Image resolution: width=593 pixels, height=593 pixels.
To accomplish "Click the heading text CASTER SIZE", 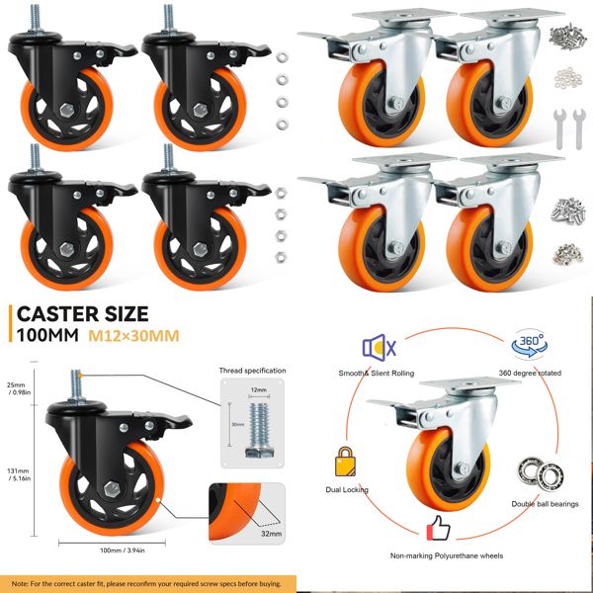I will coord(82,315).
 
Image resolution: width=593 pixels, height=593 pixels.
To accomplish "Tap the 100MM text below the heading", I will coord(43,337).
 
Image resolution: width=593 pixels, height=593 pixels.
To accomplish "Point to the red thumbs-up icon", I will coord(438,527).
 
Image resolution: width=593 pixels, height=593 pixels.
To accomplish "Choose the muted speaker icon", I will coord(379,347).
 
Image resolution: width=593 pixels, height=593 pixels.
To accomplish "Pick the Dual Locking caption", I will coord(346,489).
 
